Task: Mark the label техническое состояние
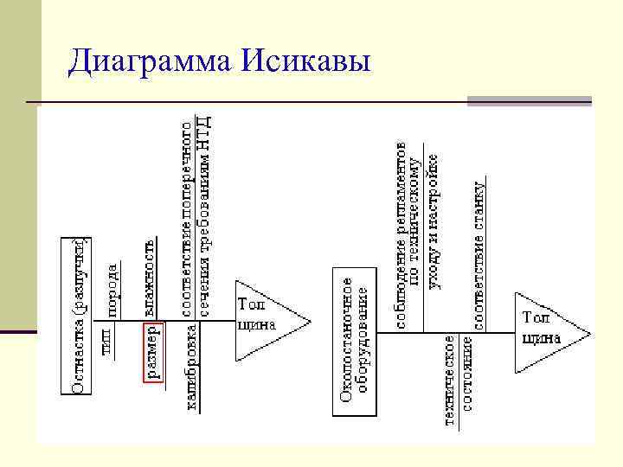(459, 381)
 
